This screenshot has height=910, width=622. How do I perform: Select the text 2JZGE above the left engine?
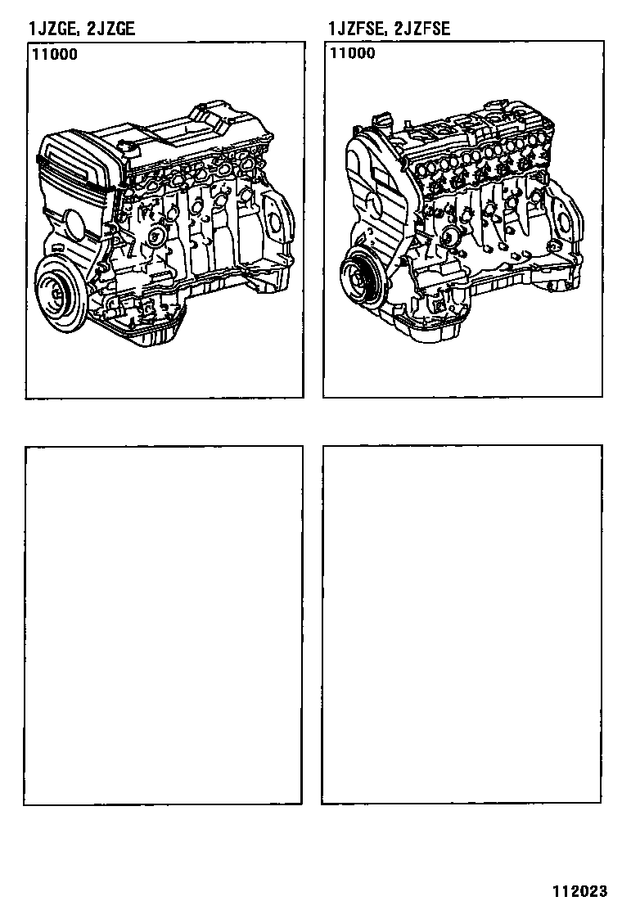point(110,28)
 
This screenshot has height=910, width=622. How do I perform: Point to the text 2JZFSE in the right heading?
point(420,28)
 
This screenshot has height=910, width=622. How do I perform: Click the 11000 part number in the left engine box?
point(55,55)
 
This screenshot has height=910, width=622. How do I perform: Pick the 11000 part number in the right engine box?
point(353,53)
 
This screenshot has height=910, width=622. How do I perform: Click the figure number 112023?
point(579,891)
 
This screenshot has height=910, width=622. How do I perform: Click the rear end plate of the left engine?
point(277,223)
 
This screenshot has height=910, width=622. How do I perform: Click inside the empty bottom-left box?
point(164,625)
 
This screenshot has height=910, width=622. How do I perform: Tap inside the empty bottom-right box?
point(462,624)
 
